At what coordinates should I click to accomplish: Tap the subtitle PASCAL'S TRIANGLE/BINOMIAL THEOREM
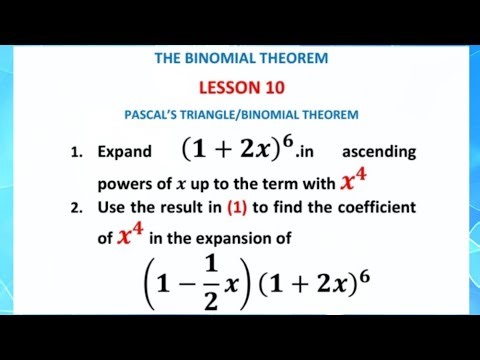pos(241,115)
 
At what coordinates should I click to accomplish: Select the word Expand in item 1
pos(124,153)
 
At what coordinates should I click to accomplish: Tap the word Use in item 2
pos(112,207)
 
